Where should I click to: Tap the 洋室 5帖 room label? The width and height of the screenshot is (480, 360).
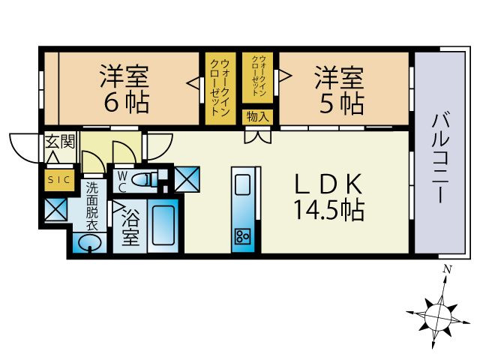pos(339,88)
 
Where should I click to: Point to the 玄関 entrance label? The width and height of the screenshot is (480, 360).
pos(58,142)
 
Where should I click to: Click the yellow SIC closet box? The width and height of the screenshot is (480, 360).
pos(58,180)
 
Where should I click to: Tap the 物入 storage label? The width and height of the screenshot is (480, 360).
pos(257,116)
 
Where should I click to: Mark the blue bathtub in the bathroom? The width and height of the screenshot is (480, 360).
pos(163,223)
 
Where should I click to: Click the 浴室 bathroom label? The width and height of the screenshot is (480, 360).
pos(130,229)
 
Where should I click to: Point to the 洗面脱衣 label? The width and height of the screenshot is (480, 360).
pos(91,206)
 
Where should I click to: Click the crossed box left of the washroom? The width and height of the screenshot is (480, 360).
pos(56,210)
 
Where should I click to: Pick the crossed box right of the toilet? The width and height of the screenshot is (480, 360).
pos(187,178)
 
